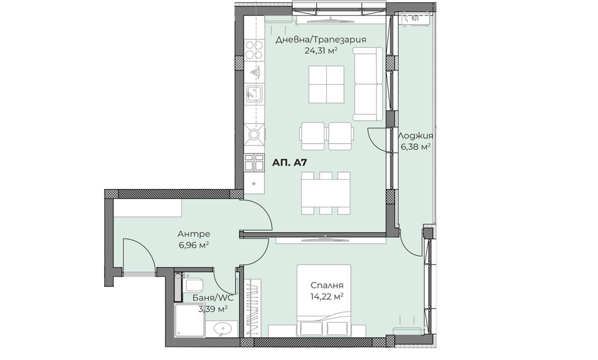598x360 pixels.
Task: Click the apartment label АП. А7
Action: click(290, 163)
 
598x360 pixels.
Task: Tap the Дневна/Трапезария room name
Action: click(321, 39)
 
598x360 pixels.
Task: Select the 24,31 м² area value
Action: click(321, 51)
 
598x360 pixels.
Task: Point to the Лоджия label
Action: click(415, 136)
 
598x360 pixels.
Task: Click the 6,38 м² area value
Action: click(415, 147)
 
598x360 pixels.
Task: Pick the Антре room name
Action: click(194, 233)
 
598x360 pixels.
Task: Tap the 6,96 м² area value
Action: click(194, 245)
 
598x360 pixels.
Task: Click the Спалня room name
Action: click(327, 285)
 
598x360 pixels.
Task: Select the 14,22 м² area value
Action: click(327, 296)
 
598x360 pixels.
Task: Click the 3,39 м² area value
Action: click(213, 309)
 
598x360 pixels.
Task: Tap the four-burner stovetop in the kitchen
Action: click(254, 50)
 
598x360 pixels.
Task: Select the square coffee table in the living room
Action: click(327, 84)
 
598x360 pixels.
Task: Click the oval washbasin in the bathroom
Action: click(221, 328)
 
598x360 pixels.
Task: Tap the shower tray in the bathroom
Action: click(190, 321)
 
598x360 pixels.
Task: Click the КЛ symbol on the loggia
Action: click(415, 18)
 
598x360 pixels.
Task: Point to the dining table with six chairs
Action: click(326, 193)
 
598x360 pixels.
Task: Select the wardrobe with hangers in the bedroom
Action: click(253, 308)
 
